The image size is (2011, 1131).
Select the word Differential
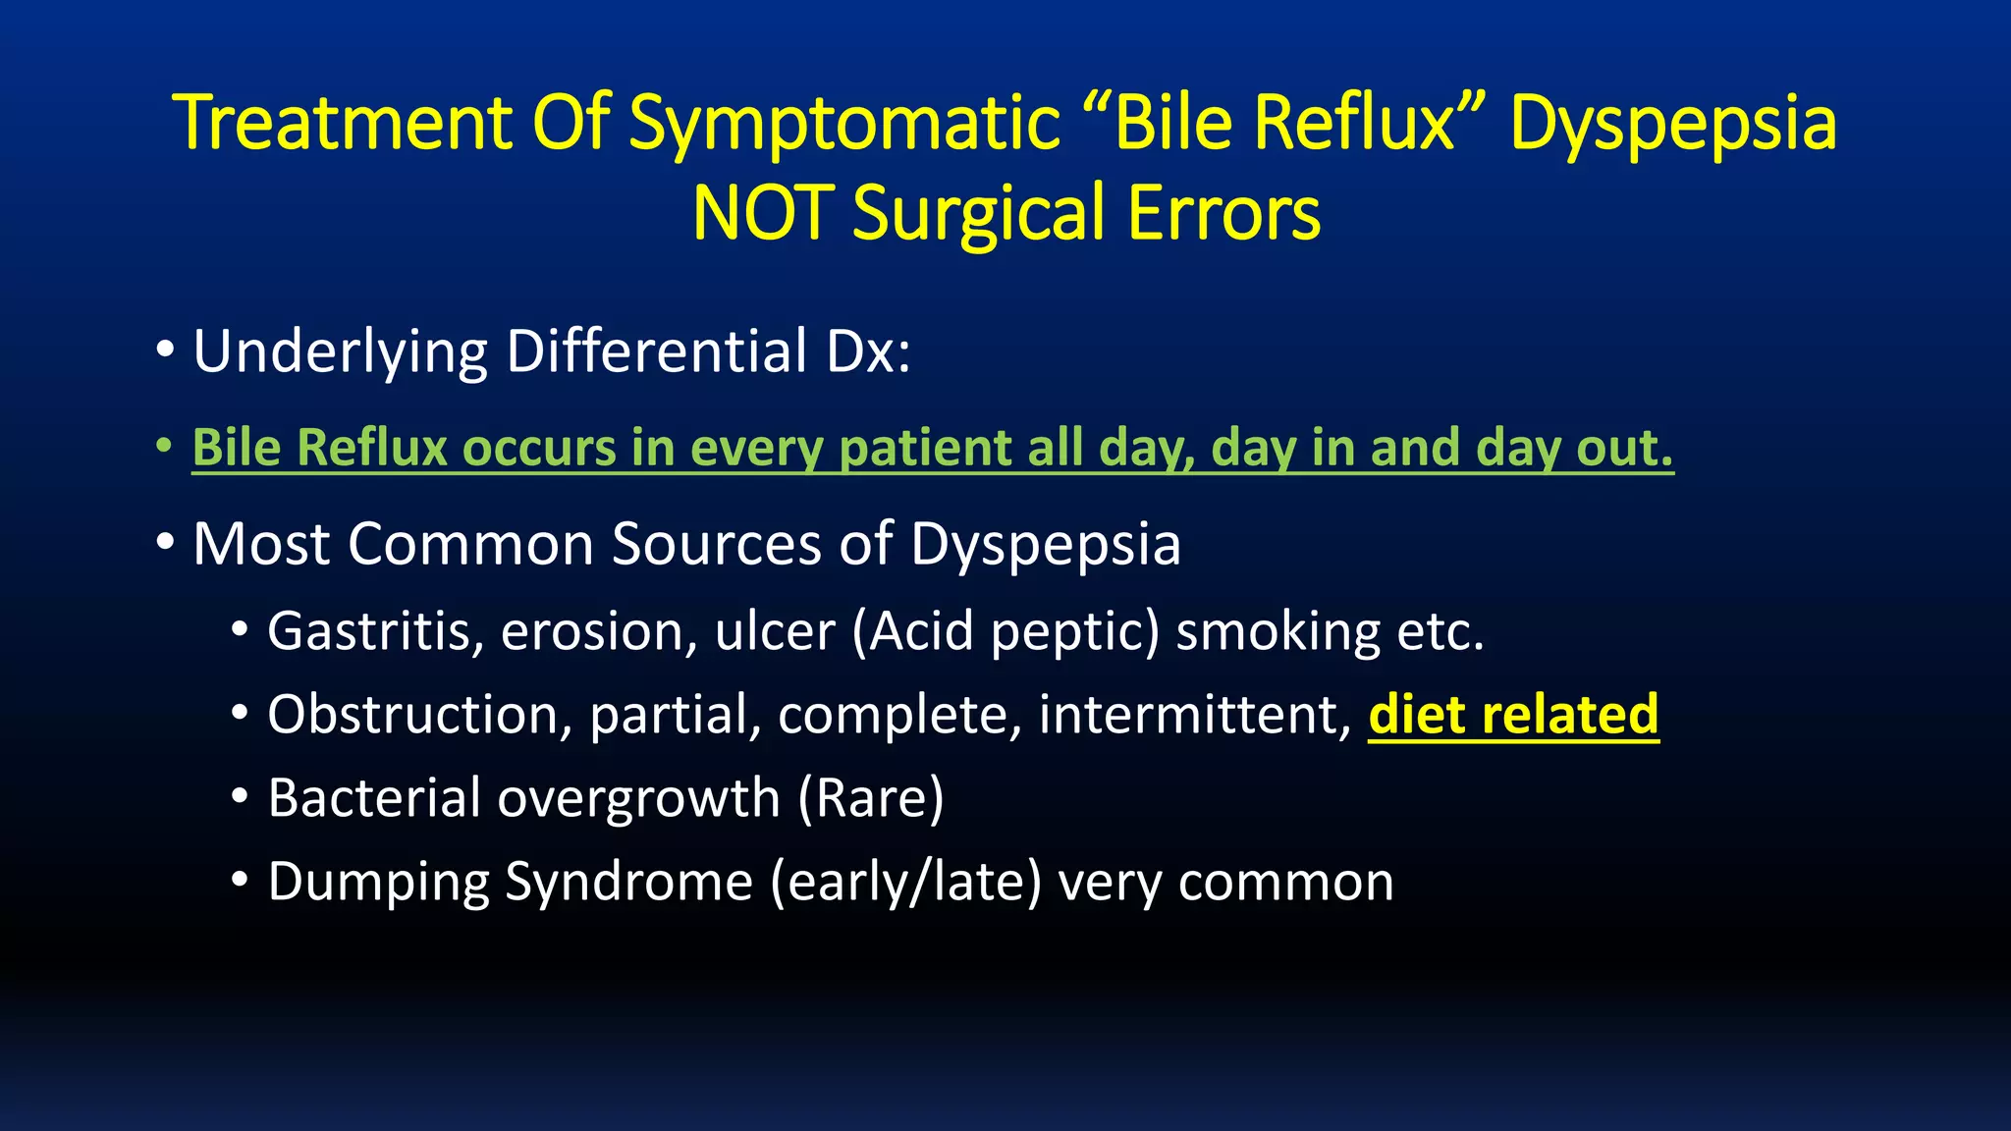656,351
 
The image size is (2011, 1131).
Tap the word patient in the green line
925,448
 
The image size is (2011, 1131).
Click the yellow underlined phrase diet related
1513,715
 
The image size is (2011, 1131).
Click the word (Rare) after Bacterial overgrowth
870,798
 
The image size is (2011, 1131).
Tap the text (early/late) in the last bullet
905,883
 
